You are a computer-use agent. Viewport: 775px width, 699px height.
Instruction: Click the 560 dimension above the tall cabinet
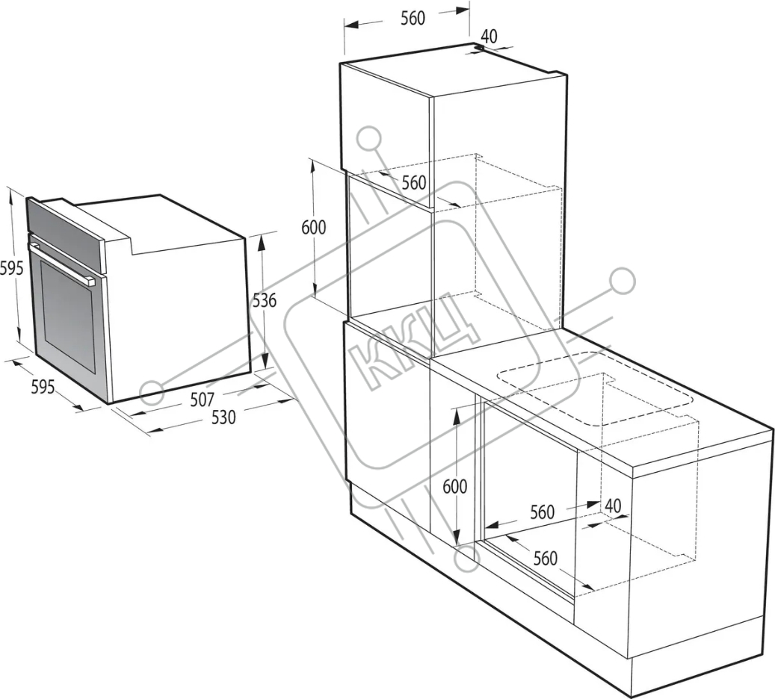tap(413, 18)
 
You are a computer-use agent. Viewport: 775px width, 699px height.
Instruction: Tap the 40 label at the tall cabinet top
tap(489, 36)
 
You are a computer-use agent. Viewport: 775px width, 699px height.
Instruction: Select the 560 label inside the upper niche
tap(414, 183)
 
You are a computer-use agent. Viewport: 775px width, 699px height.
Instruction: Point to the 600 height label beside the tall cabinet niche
tap(314, 227)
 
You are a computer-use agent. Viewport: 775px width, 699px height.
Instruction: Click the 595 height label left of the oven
tap(11, 268)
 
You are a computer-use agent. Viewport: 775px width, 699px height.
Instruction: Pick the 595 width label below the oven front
tap(43, 386)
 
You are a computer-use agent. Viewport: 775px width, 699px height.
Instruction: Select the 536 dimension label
tap(265, 300)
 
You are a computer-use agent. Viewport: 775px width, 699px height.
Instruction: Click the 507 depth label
tap(202, 400)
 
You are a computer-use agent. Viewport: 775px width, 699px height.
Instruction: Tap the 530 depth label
tap(223, 417)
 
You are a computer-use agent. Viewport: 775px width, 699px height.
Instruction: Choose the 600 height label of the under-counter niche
tap(454, 487)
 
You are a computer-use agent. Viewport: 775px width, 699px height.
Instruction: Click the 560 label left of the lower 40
tap(543, 512)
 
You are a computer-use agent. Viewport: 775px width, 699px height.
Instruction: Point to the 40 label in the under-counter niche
tap(613, 506)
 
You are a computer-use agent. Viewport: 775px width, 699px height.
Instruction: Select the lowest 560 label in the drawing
tap(545, 558)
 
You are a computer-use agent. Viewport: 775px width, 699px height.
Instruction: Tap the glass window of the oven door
tap(68, 316)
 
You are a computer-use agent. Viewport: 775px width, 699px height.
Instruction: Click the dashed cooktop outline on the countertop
tap(593, 388)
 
